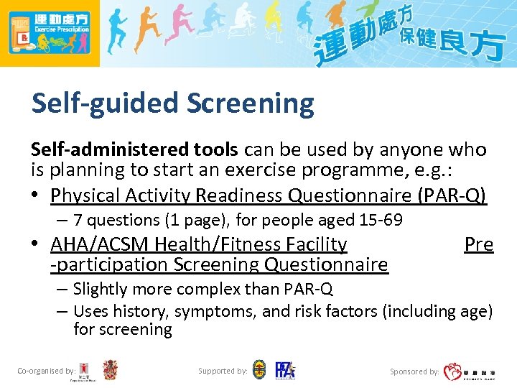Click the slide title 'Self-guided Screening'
172,103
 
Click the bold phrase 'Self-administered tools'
134,149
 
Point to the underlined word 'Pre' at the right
478,245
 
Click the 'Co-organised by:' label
46,371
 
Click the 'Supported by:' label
223,371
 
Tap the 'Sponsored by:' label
414,371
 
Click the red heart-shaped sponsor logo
453,371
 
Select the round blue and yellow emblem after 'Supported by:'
259,371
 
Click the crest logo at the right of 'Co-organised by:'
110,370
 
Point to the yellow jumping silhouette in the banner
273,22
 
